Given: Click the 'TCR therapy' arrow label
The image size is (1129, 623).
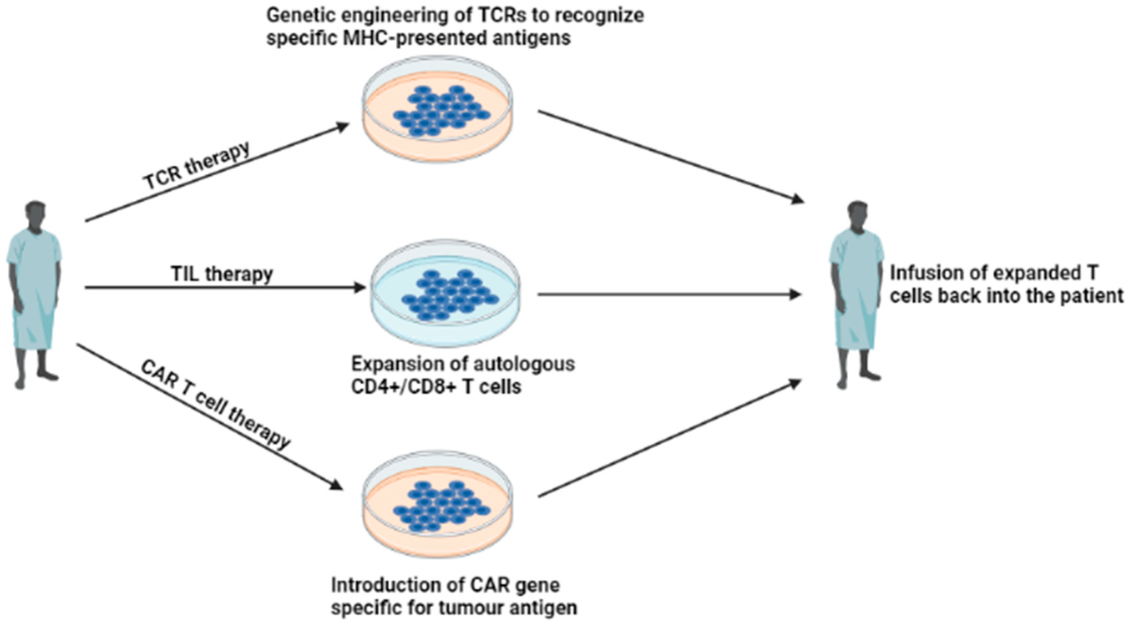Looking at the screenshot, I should coord(197,165).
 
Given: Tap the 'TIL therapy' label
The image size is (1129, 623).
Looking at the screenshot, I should coord(222,274).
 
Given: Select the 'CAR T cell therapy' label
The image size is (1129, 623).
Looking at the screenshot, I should coord(216,404).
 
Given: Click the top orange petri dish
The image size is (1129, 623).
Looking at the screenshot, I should coord(438,109).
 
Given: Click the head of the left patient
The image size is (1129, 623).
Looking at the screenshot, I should coord(35,216).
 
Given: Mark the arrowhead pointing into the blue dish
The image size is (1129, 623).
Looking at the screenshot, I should coord(359,287).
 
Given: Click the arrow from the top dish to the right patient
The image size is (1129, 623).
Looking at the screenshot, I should coord(671,157).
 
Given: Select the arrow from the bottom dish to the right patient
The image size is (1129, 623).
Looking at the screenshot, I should coord(671,438).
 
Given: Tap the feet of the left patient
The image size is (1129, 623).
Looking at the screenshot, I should coord(37,378).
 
